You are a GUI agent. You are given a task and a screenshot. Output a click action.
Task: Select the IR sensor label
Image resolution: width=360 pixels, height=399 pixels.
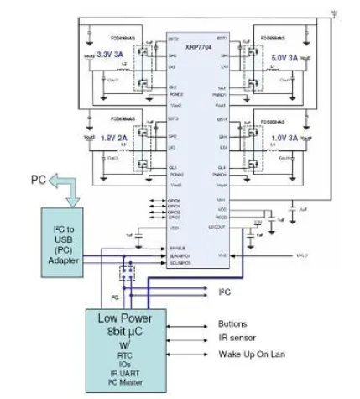coord(237,338)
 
